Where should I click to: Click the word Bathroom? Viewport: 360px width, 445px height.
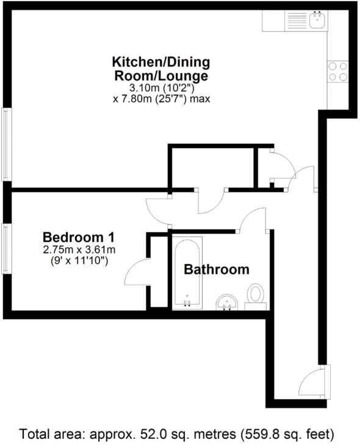[217, 269]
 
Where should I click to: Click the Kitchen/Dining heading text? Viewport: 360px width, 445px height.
[161, 62]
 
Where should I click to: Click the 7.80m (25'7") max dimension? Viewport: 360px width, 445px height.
[161, 98]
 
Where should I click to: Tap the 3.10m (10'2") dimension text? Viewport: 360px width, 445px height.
[161, 87]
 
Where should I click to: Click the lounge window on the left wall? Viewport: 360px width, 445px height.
[6, 144]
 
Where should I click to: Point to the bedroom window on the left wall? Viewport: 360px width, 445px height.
[6, 249]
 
